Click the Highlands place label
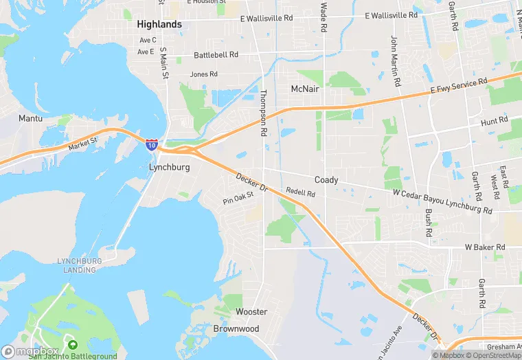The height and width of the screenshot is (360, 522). tap(159, 24)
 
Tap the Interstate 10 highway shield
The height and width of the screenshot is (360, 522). tap(151, 144)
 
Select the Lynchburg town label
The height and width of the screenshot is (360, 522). tap(169, 167)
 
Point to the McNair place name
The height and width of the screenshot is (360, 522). tap(306, 89)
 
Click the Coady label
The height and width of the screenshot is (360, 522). tap(326, 180)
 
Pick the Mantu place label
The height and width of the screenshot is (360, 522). tap(30, 118)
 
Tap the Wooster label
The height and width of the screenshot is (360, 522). tap(251, 312)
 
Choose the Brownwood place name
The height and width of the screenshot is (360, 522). tap(236, 328)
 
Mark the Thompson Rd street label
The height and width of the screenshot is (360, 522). tap(262, 112)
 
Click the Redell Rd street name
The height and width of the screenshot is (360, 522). tap(300, 194)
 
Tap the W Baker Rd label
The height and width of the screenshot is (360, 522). tap(485, 247)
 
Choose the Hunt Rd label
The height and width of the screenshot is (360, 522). tap(495, 120)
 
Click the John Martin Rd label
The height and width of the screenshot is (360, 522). tap(395, 60)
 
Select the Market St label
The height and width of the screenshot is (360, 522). tap(84, 145)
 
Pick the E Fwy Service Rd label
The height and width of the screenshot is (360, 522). tap(459, 86)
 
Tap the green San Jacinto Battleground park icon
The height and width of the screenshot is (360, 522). tap(73, 344)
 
